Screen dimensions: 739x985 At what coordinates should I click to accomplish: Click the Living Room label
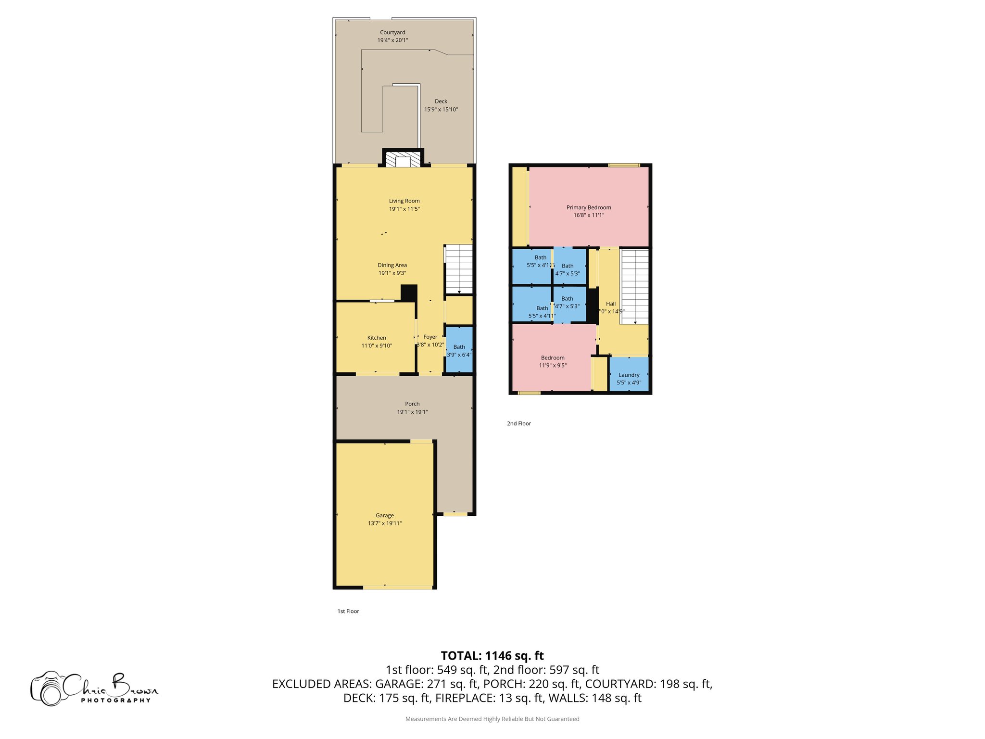click(404, 201)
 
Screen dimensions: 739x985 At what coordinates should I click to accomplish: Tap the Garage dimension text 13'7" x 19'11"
click(384, 523)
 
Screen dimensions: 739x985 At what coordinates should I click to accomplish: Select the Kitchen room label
click(377, 338)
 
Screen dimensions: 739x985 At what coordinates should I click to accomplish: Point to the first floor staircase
click(459, 269)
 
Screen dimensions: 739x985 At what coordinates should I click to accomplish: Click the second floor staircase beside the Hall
click(635, 286)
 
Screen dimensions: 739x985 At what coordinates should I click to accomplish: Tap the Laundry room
click(629, 375)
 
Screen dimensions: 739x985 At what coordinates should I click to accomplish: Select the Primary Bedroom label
click(588, 208)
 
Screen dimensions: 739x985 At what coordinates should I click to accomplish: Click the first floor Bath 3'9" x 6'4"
click(459, 350)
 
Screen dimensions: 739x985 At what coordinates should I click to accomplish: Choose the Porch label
click(412, 404)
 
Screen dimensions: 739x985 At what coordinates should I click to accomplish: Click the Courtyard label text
click(392, 33)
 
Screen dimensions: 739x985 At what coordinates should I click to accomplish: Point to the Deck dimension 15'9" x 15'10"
click(441, 110)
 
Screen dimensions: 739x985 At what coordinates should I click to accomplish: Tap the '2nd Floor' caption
click(518, 424)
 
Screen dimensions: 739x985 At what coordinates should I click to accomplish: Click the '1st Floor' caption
click(348, 612)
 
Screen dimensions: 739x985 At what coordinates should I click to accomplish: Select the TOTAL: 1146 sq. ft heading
click(492, 656)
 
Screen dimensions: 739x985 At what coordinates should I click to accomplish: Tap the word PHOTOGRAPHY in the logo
click(115, 701)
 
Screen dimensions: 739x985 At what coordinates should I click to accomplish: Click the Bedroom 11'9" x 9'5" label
click(553, 358)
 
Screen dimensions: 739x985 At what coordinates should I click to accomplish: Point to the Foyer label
click(430, 337)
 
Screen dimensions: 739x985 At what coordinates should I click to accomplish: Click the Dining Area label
click(392, 266)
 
